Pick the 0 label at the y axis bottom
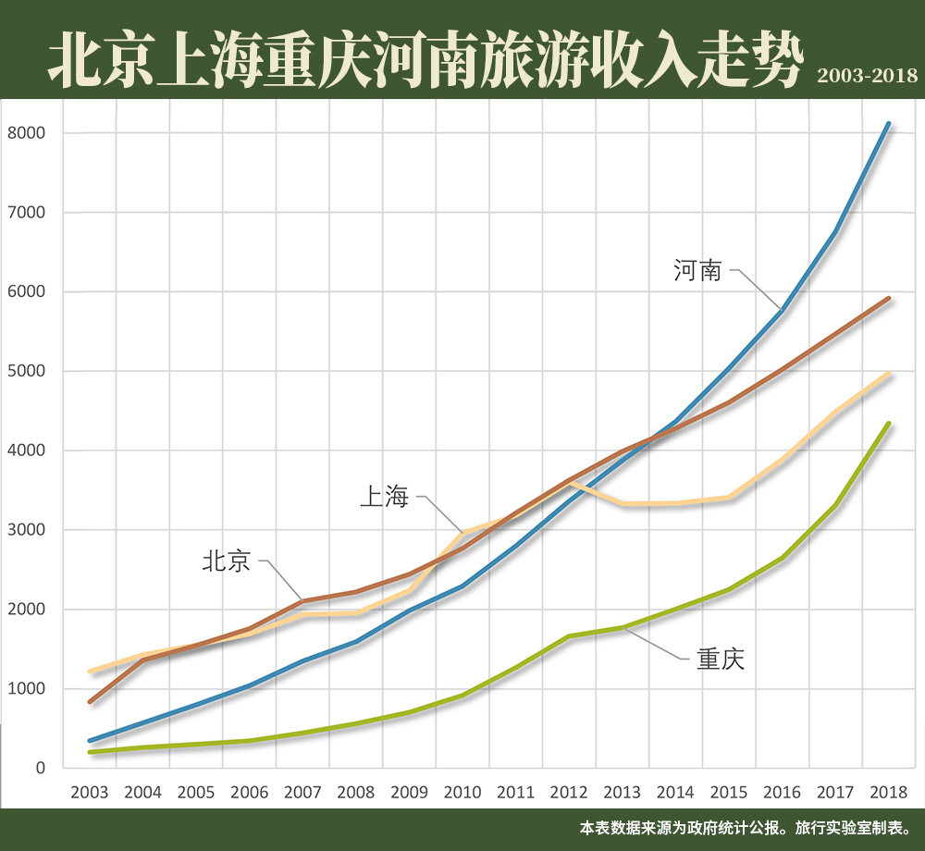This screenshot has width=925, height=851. pos(42,768)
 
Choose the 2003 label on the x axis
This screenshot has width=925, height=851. pos(89,793)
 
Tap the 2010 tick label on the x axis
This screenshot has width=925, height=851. pos(462,793)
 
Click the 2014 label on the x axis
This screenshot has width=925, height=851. pos(676,793)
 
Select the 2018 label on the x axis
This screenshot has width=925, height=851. pos(889,793)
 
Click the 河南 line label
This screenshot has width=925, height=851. pos(697,271)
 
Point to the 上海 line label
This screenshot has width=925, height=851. pos(384,497)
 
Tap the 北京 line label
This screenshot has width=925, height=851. pos(227,561)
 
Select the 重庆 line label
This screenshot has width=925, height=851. pos(720,660)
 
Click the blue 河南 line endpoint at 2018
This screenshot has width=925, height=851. pos(889,123)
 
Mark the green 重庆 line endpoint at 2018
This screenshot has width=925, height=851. pos(889,424)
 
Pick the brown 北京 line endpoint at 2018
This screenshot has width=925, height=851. pos(889,298)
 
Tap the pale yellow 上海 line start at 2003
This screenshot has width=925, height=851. pos(90,671)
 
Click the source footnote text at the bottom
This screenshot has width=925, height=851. pos(746,827)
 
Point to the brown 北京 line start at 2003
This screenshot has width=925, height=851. pos(90,702)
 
